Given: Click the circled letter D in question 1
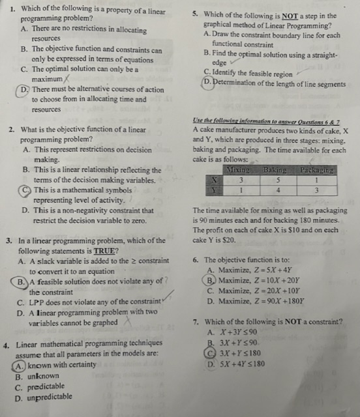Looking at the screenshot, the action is (x=25, y=90).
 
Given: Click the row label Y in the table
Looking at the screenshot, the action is (x=213, y=190).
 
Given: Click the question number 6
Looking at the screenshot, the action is (x=197, y=259).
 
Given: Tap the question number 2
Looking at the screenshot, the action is (x=12, y=130).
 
